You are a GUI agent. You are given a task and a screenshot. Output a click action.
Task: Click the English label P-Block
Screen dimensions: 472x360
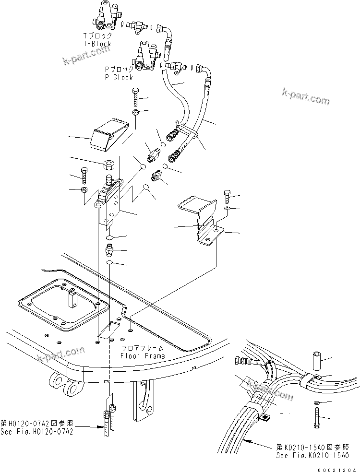coord(119,77)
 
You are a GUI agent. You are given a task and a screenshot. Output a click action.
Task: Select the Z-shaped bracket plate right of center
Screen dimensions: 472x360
coord(202,221)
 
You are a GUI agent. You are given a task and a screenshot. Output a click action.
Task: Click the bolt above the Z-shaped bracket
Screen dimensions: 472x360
coord(228,196)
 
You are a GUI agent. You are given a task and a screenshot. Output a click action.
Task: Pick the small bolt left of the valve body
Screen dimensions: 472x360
coord(84,176)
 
